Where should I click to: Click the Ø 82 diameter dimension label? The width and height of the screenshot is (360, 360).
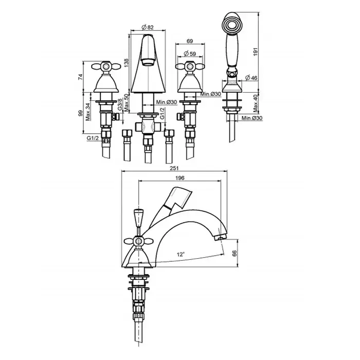click(x=148, y=27)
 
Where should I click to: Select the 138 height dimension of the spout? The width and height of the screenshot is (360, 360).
click(x=126, y=63)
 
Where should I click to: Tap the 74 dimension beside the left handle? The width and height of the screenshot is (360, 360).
click(x=80, y=77)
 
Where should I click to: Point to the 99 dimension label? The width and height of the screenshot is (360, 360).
click(x=80, y=113)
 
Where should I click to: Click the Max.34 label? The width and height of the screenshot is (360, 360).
click(x=88, y=112)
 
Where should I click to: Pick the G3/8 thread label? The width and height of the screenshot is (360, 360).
click(x=120, y=105)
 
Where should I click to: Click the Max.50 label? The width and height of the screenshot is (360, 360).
click(x=126, y=103)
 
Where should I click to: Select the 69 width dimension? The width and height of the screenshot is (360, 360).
click(x=190, y=41)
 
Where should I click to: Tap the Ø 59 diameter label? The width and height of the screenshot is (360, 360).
click(x=190, y=53)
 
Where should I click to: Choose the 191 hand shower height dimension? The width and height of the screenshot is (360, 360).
click(x=256, y=51)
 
